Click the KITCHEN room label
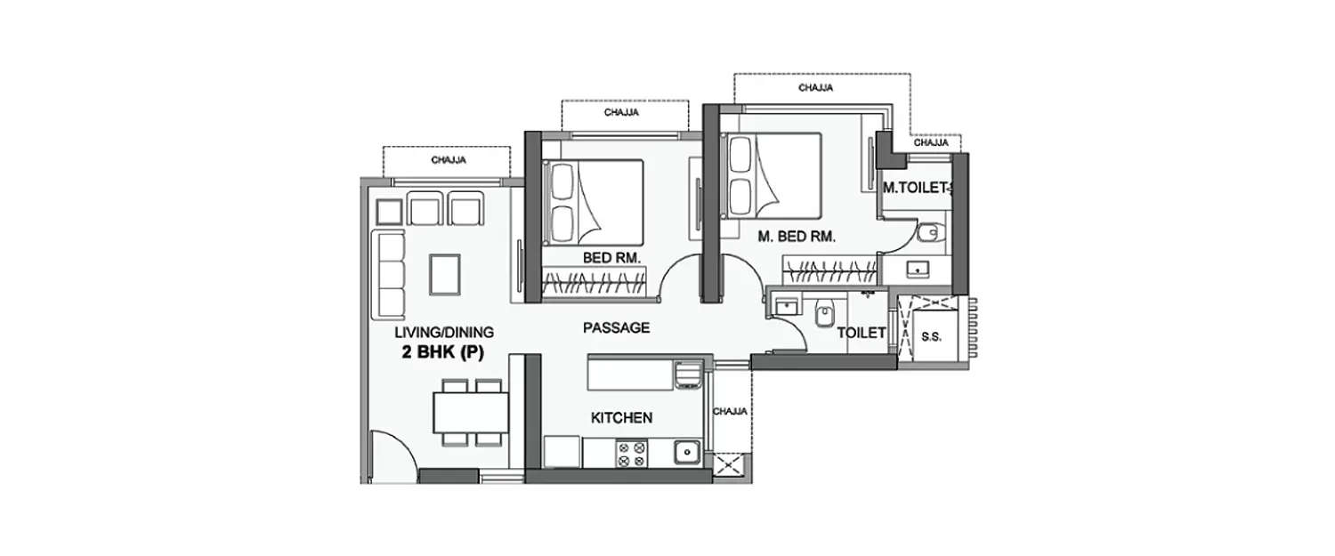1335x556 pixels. coord(623,417)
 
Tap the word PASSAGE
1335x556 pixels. coord(616,327)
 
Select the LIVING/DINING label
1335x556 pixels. coord(444,333)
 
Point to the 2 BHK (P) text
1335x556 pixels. coord(441,352)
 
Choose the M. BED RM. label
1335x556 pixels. coord(796,237)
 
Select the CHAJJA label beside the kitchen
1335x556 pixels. coord(730,412)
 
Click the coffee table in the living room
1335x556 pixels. coord(445,273)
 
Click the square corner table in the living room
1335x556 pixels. coord(389,212)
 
